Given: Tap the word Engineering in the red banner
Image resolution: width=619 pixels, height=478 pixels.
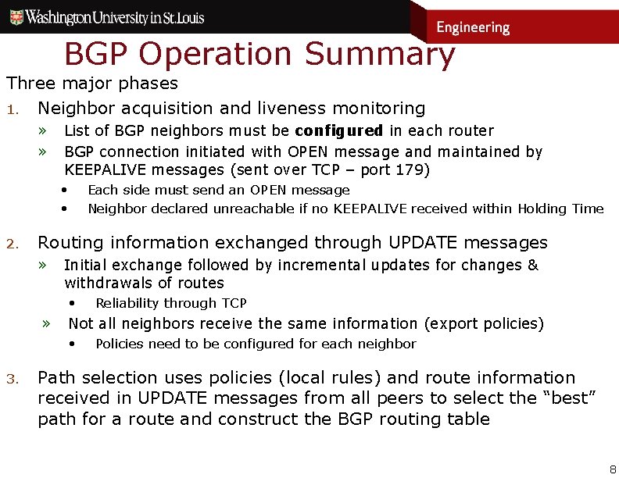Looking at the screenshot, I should click(x=473, y=27).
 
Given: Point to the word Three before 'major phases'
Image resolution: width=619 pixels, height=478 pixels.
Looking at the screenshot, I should click(x=28, y=83).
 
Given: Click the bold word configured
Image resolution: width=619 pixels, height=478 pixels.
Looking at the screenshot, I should click(x=338, y=130).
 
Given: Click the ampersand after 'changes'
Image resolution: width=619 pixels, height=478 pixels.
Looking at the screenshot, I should click(x=533, y=265).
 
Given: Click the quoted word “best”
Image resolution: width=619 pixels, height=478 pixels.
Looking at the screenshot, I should click(x=570, y=398).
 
